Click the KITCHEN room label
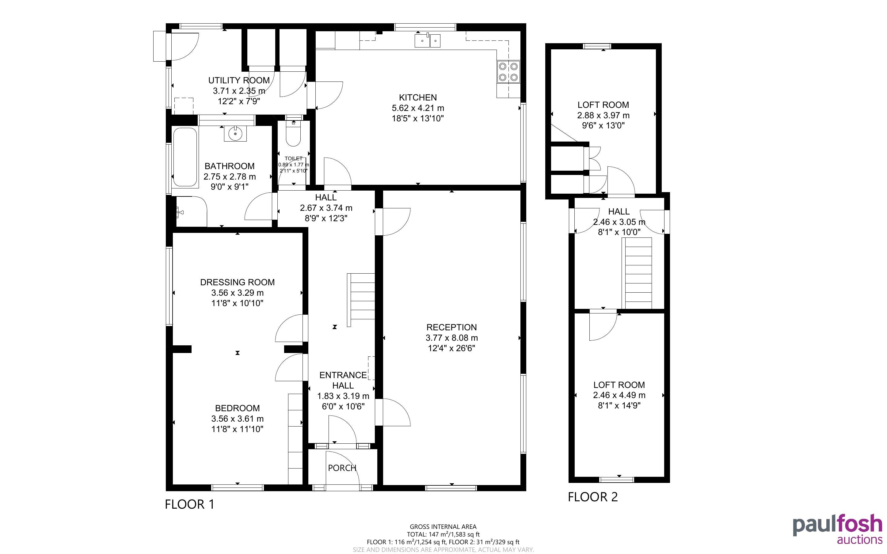[x=418, y=97]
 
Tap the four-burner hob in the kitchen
[x=508, y=72]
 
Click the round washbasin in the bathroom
[x=235, y=134]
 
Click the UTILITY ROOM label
[x=239, y=80]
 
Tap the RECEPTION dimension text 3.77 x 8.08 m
[x=452, y=338]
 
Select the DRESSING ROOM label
[x=238, y=282]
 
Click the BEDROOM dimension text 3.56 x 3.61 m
[x=238, y=419]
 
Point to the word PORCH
[x=342, y=468]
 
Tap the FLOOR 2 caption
[x=593, y=497]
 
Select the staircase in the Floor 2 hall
[x=637, y=273]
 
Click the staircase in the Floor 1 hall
[x=361, y=300]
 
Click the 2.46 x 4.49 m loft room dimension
[x=619, y=395]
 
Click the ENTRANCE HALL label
[x=343, y=380]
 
